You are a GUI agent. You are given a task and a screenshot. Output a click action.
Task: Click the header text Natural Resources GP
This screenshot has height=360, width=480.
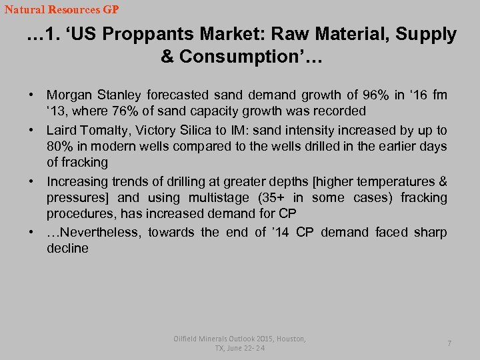(61, 9)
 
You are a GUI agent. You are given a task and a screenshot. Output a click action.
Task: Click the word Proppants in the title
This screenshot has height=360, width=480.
(171, 35)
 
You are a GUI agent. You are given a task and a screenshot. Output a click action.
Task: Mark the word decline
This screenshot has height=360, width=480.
(67, 249)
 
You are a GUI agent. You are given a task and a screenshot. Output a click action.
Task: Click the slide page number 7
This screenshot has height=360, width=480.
(449, 343)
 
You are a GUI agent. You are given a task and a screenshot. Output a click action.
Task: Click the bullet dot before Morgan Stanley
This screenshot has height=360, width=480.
(32, 95)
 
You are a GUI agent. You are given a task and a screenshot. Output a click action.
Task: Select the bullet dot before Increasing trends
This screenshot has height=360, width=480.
(32, 181)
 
